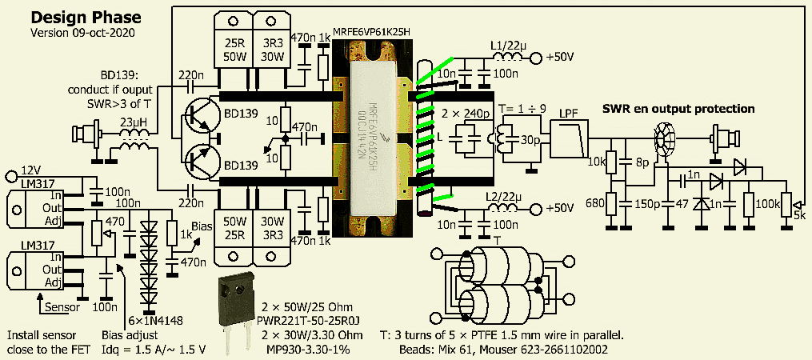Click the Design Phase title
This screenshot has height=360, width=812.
tap(86, 17)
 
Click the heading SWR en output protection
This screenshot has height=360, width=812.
tap(678, 108)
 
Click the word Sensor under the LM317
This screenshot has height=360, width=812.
tap(60, 306)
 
